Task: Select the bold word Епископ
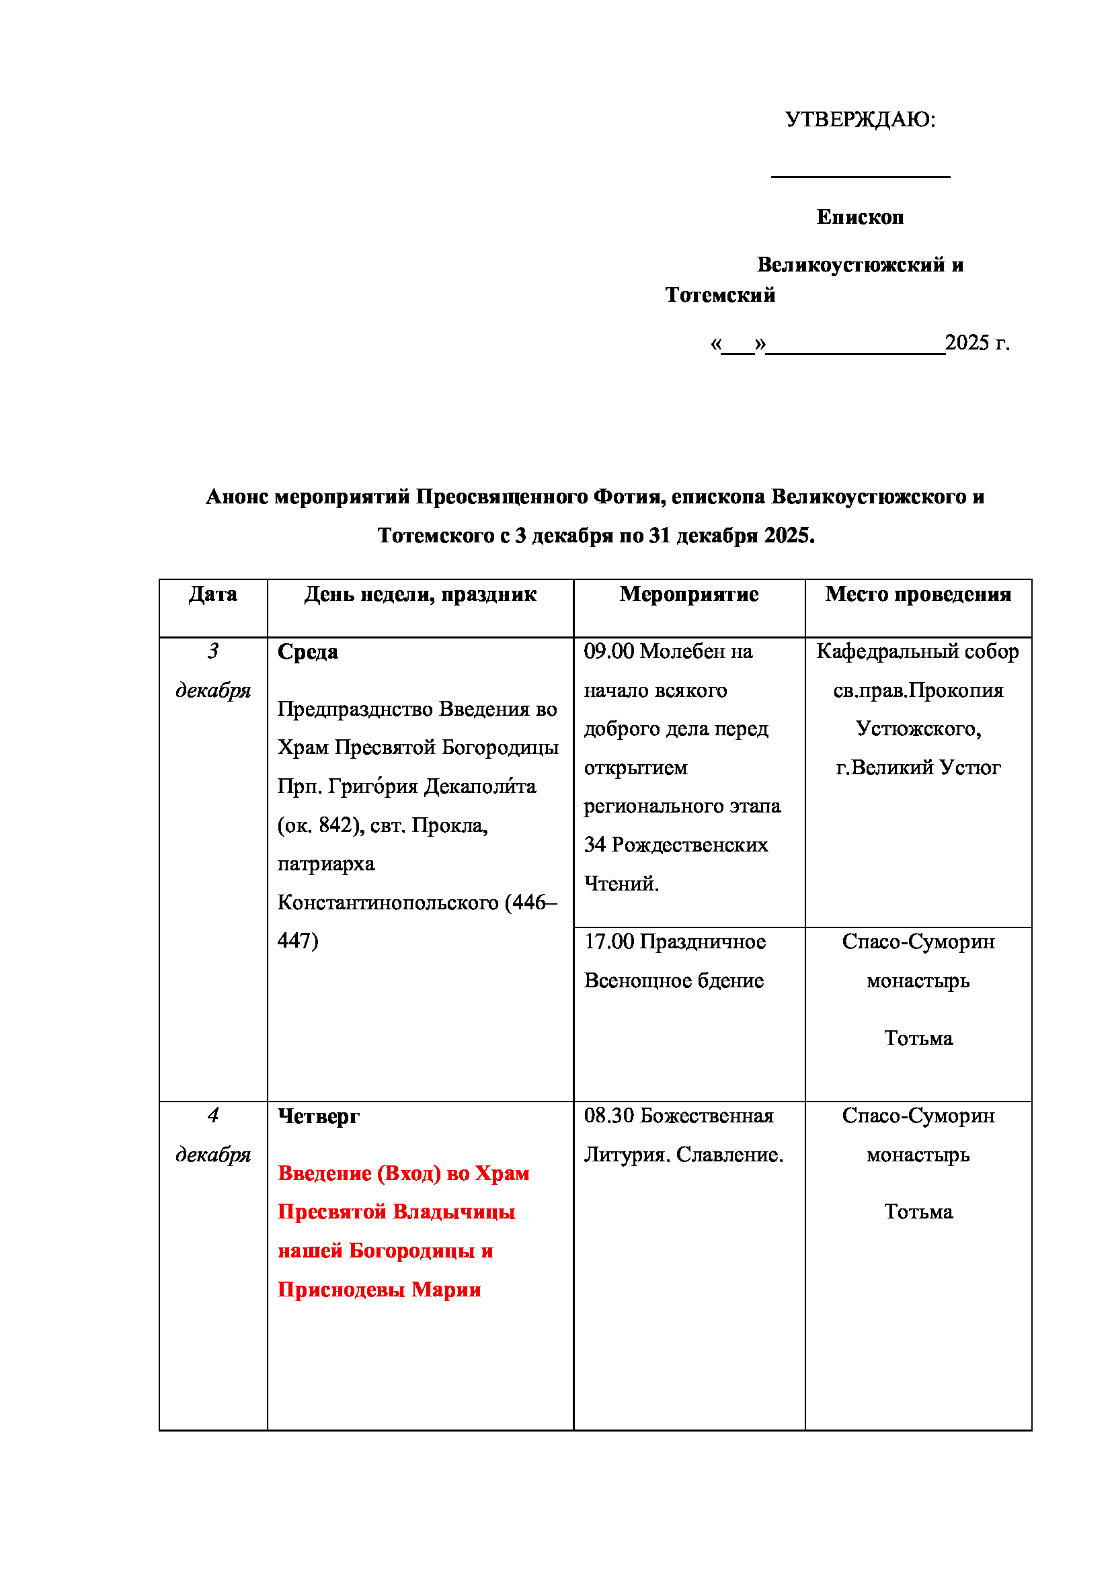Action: tap(860, 217)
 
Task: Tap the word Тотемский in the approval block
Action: tap(719, 295)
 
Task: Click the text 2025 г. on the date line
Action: tap(976, 342)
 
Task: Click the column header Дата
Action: tap(213, 594)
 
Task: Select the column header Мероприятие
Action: tap(689, 594)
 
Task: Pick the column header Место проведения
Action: tap(918, 594)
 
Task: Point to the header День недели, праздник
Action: tap(420, 594)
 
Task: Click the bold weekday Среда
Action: tap(307, 652)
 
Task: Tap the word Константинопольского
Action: tap(387, 903)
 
